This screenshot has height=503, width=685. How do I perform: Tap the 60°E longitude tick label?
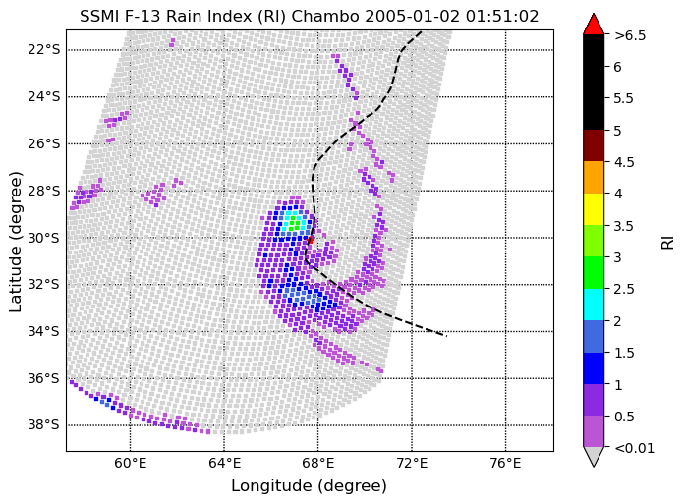click(131, 463)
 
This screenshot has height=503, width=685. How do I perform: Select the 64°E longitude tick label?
click(224, 463)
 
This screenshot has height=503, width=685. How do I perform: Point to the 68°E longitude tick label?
click(317, 463)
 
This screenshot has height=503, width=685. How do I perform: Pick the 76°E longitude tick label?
click(505, 463)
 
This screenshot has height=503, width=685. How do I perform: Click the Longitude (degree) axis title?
click(310, 486)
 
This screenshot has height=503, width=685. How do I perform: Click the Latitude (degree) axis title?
click(17, 241)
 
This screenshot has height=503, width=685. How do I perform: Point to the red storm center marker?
click(310, 239)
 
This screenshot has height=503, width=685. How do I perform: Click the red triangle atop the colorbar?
click(594, 25)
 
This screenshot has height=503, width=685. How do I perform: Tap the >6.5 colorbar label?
click(629, 35)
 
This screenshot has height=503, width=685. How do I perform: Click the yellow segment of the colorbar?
click(594, 208)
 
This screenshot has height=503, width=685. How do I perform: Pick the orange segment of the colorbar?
click(594, 177)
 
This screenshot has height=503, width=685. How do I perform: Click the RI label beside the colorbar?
click(668, 241)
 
